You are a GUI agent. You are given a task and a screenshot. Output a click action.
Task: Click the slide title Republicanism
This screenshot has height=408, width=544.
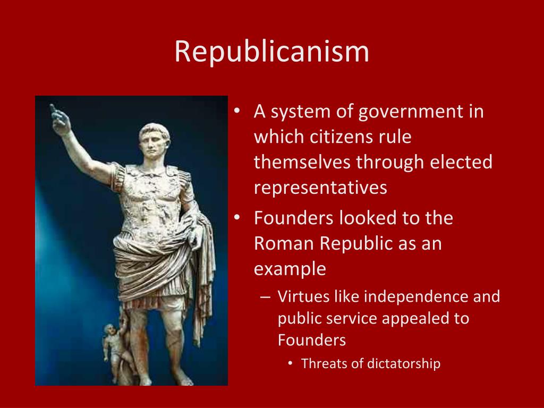(x=271, y=52)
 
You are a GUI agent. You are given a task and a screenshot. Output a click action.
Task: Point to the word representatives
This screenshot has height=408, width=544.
(x=320, y=188)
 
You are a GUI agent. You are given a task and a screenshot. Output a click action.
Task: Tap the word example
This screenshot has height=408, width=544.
(x=290, y=269)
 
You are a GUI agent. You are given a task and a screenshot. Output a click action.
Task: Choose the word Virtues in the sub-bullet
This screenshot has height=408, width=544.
(x=303, y=296)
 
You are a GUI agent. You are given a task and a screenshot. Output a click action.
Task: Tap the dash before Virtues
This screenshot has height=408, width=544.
(x=266, y=297)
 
